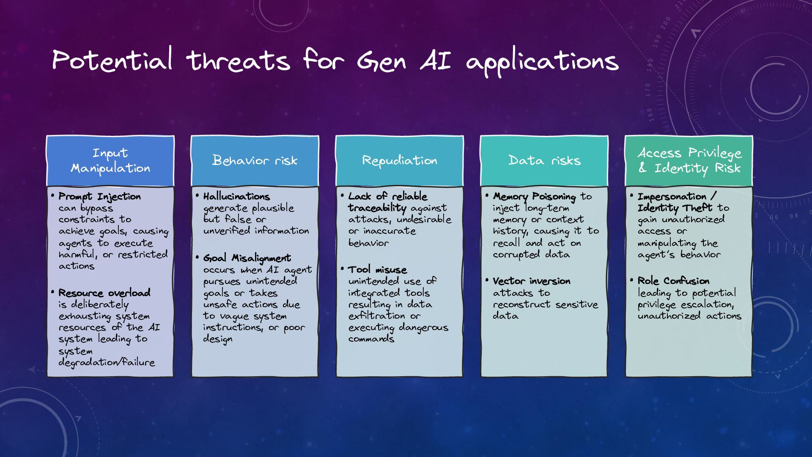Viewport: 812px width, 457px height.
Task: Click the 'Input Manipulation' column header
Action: tap(110, 161)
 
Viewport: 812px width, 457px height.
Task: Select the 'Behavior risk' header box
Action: tap(255, 161)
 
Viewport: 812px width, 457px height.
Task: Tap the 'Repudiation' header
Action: tap(400, 161)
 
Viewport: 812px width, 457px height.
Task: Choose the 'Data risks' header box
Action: tap(544, 161)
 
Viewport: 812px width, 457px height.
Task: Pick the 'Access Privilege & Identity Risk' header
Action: tap(689, 161)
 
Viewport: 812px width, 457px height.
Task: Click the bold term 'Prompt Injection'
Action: tap(100, 197)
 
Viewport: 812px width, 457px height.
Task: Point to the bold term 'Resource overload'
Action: tap(104, 293)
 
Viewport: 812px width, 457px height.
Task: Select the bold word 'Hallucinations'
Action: tap(236, 197)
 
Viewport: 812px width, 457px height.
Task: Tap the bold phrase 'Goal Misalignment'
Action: tap(247, 258)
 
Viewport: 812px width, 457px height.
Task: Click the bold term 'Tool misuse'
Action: tap(377, 270)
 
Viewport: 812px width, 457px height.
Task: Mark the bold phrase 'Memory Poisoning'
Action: tap(535, 197)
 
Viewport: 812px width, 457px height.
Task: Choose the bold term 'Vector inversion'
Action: tap(532, 281)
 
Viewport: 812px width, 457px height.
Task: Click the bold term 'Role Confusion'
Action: tap(674, 281)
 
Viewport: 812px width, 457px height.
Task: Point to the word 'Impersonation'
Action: tap(672, 197)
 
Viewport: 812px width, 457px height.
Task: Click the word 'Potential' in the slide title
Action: tap(112, 60)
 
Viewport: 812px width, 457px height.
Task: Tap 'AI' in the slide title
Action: tap(436, 60)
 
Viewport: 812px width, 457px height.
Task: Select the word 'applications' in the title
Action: tap(543, 62)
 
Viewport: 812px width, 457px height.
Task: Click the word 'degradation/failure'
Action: tap(107, 363)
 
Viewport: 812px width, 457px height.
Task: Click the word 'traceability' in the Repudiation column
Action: tap(377, 208)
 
